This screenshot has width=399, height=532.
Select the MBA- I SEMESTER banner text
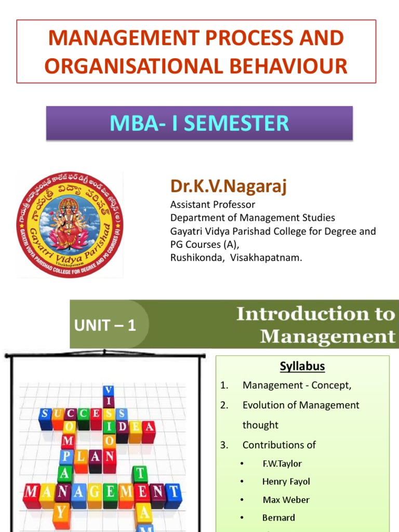tap(199, 123)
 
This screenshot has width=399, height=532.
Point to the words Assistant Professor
tap(212, 205)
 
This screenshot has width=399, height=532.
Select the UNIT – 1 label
tap(105, 326)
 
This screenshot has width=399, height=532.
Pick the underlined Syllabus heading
tap(302, 366)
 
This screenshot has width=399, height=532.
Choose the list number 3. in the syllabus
tap(224, 445)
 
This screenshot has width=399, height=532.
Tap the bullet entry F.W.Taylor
tap(282, 463)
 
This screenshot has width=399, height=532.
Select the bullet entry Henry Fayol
tap(286, 482)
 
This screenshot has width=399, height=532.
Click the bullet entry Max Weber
tap(286, 500)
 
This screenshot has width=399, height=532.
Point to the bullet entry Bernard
tap(278, 517)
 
